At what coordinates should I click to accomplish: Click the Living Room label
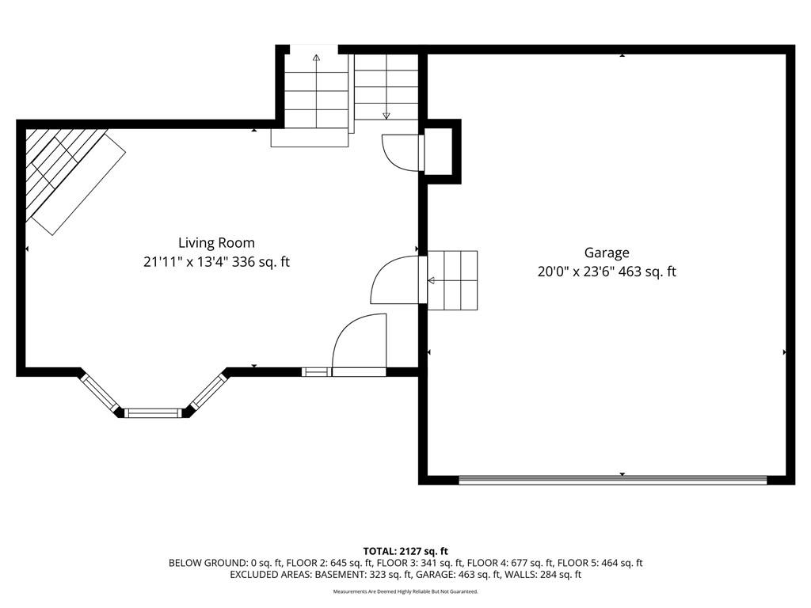tap(216, 242)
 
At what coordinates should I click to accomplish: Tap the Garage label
tap(607, 253)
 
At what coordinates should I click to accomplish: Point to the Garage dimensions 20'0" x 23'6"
tap(577, 272)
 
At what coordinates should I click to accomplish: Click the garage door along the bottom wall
tap(613, 481)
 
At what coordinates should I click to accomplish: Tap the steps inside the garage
tap(452, 280)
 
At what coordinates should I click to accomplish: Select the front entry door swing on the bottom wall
tap(359, 345)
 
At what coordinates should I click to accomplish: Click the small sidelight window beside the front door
tap(316, 371)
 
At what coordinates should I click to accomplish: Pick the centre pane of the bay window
tap(153, 412)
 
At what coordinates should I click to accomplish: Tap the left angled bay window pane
tap(100, 393)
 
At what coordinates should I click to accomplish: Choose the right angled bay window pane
tap(208, 392)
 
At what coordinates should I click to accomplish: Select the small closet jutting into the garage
tap(440, 151)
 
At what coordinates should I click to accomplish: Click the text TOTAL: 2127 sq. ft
tap(405, 551)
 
